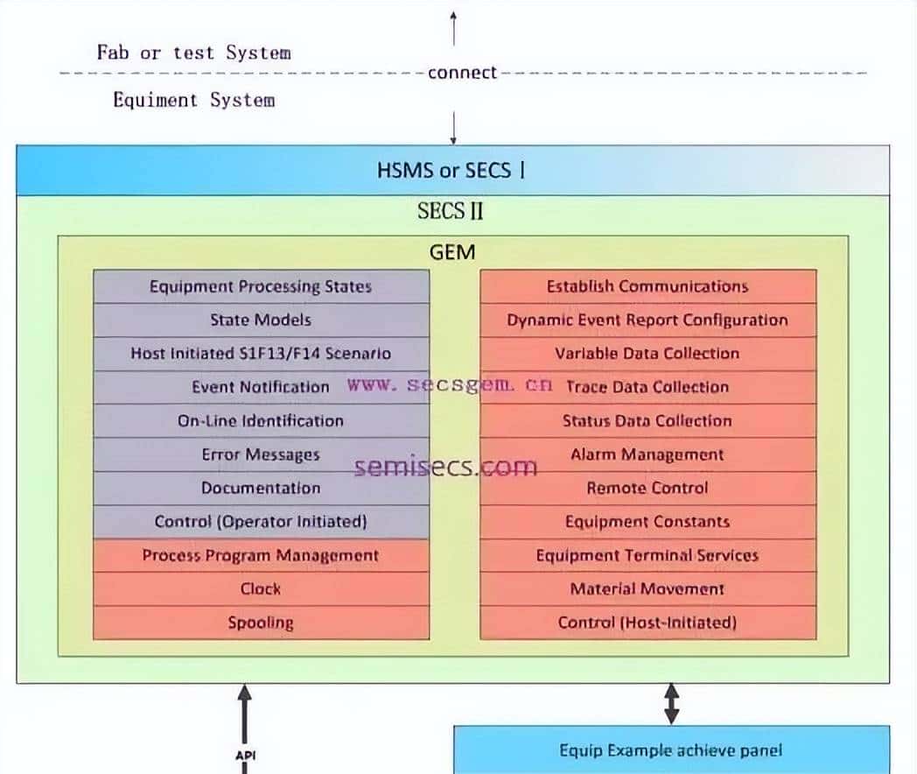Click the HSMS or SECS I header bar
click(452, 170)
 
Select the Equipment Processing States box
click(261, 286)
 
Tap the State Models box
click(261, 320)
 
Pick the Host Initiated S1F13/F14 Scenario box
click(261, 354)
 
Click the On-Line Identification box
click(261, 421)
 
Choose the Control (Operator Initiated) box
click(261, 522)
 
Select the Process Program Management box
click(261, 556)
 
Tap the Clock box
click(261, 589)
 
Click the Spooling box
click(261, 623)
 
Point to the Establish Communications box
click(647, 286)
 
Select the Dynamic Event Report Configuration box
click(647, 320)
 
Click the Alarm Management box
click(647, 455)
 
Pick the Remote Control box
click(647, 489)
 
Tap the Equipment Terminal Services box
click(647, 556)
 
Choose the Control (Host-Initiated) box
click(647, 623)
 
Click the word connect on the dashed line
click(462, 73)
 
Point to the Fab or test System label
click(193, 53)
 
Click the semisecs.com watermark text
click(445, 468)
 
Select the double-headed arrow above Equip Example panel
click(671, 704)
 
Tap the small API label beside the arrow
click(245, 755)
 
